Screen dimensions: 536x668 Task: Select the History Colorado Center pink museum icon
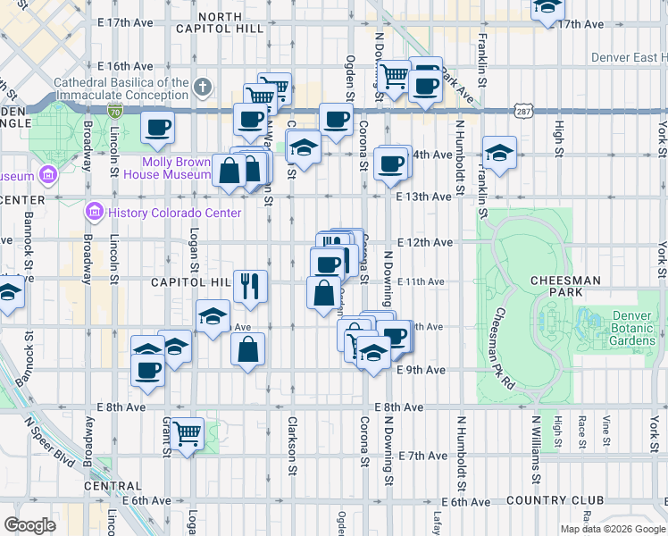(95, 213)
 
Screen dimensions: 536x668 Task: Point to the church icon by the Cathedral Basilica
(204, 88)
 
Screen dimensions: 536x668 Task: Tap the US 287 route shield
(523, 109)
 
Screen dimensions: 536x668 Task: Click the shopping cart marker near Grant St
(188, 434)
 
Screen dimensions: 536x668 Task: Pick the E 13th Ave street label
(424, 196)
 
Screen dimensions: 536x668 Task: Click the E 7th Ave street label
(423, 456)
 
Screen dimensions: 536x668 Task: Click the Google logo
(30, 524)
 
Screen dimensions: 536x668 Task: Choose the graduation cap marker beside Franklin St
(499, 151)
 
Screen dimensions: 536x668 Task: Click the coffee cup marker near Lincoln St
(157, 128)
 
